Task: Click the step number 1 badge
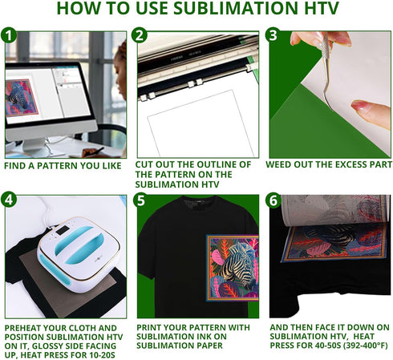10,36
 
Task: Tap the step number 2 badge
140,36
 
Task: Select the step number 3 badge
273,36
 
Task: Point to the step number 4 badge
10,200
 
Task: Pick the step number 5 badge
140,200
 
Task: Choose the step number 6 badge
273,200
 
